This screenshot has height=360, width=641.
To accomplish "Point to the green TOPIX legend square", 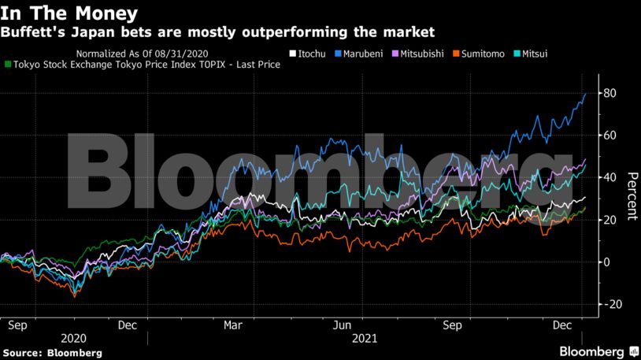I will click(x=9, y=65).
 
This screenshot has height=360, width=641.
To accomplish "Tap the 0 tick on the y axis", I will click(x=607, y=262).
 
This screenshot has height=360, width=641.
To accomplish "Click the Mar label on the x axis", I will click(x=233, y=324).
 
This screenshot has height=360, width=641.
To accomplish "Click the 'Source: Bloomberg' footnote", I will click(x=53, y=353).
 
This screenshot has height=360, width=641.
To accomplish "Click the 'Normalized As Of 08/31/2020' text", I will click(x=143, y=54).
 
